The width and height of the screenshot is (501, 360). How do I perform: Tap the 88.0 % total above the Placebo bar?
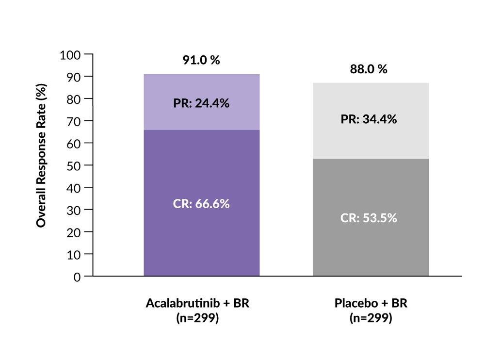(x=369, y=69)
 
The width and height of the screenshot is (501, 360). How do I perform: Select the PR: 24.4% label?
(x=201, y=103)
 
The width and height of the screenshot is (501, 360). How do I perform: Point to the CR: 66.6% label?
(x=201, y=203)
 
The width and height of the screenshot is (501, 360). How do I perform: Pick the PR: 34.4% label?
(x=369, y=118)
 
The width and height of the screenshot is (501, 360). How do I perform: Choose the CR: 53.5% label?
(x=369, y=218)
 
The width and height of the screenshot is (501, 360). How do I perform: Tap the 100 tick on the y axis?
(x=70, y=54)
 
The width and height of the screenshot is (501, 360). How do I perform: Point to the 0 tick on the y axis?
(x=76, y=277)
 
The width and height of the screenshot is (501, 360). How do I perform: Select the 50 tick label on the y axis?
(x=73, y=165)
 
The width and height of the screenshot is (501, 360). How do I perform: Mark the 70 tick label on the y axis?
(x=73, y=121)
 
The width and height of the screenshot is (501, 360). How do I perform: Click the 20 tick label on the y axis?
(x=73, y=232)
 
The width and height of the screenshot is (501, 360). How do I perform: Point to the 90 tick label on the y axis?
(x=73, y=77)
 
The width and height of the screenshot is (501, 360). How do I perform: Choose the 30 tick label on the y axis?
(x=73, y=210)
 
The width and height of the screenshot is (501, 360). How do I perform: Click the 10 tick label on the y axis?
(x=73, y=254)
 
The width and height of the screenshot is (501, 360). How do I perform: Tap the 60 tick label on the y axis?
(x=73, y=143)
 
